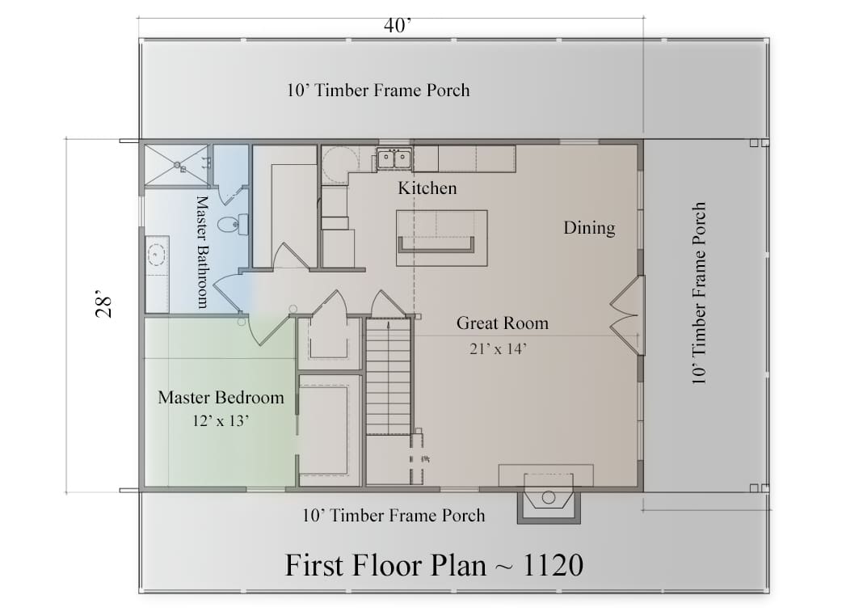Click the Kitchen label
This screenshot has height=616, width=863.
pos(427,188)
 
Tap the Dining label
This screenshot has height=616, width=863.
pos(589,228)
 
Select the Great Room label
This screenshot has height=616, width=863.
pos(503,323)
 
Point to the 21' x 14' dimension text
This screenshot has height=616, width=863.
pos(499,349)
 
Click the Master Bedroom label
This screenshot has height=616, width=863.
pos(221,398)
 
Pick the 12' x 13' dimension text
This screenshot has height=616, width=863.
pos(221,421)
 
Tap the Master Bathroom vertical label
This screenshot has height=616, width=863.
pos(203,252)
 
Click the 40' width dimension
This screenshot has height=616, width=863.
pos(398,25)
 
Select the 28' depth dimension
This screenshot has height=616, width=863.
pos(103,303)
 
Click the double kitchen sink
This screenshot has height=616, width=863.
pos(394,159)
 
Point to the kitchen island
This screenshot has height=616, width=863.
pos(441,238)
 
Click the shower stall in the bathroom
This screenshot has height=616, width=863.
pos(176,165)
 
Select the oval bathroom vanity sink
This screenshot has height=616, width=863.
pos(158,255)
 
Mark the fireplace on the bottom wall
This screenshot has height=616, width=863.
pos(548,498)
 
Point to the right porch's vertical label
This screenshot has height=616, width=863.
pos(698,293)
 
